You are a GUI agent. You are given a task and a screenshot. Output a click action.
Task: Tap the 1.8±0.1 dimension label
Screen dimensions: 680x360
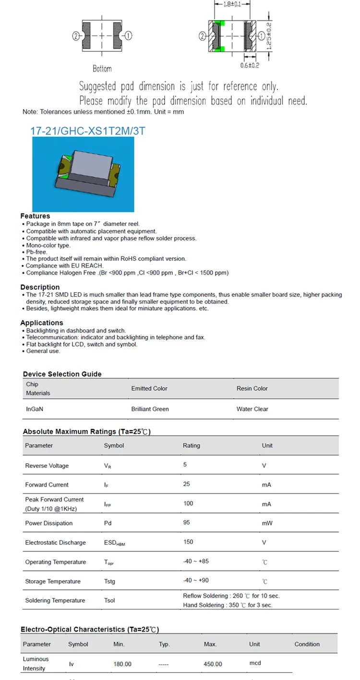237,4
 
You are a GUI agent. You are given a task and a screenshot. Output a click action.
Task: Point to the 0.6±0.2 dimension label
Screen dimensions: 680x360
250,65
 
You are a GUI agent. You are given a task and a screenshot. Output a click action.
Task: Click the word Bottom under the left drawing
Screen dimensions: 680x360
102,69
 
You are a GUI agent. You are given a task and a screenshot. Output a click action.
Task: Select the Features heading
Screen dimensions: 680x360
35,216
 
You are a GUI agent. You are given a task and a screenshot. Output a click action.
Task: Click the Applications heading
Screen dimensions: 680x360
42,323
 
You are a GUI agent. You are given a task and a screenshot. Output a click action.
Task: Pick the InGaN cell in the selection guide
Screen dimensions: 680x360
34,409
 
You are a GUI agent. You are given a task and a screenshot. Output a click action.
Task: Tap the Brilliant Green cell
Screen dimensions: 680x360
150,409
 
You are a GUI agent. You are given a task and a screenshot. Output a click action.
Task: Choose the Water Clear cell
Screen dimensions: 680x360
252,409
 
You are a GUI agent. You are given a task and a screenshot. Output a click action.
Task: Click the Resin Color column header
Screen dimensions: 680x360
252,388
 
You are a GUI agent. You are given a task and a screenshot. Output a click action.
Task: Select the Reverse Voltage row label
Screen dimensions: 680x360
47,466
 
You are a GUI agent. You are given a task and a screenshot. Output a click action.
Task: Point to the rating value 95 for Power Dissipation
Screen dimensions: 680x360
187,523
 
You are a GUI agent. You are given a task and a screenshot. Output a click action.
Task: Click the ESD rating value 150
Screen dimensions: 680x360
188,542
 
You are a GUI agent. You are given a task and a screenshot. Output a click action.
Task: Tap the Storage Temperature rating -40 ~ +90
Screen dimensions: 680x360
196,581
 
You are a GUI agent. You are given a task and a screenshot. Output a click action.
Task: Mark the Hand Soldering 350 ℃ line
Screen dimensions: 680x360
227,605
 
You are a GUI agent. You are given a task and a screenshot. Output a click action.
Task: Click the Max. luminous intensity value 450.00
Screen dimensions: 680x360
213,664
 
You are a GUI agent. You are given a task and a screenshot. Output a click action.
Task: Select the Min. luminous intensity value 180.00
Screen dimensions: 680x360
122,664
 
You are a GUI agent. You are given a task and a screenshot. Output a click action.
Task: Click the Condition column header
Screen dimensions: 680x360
307,644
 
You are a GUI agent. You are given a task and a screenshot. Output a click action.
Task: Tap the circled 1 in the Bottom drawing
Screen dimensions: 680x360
129,36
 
